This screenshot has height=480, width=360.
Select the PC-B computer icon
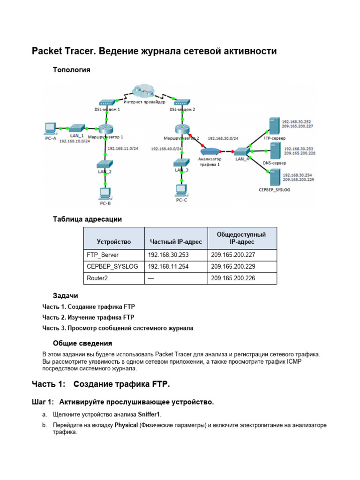pyautogui.click(x=105, y=193)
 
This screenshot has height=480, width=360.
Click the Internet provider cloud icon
pyautogui.click(x=142, y=90)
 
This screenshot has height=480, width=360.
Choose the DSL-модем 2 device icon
pyautogui.click(x=181, y=102)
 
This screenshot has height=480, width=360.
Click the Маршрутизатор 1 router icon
pyautogui.click(x=105, y=130)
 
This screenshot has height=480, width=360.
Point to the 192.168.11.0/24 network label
pyautogui.click(x=123, y=149)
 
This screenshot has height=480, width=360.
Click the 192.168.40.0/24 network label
pyautogui.click(x=166, y=149)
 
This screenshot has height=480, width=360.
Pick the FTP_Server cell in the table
pyautogui.click(x=103, y=255)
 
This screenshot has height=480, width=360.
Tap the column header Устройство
pyautogui.click(x=113, y=242)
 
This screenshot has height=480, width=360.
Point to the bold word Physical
pyautogui.click(x=126, y=425)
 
